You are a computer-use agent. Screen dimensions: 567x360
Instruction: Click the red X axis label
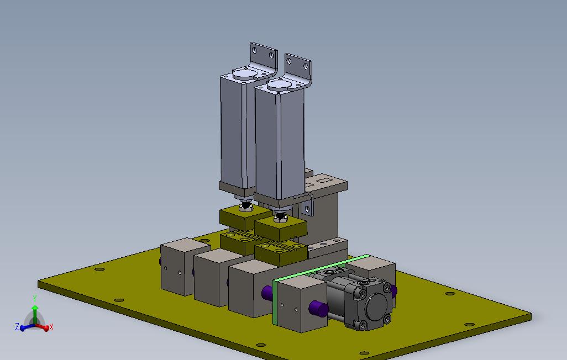(x=51, y=327)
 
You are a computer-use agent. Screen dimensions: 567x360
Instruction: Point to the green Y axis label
(x=35, y=299)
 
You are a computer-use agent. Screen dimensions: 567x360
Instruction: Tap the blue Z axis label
(x=17, y=327)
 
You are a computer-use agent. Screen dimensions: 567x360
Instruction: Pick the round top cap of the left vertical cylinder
(x=244, y=75)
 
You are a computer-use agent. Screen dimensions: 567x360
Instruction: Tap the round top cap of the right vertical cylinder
(x=279, y=85)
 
